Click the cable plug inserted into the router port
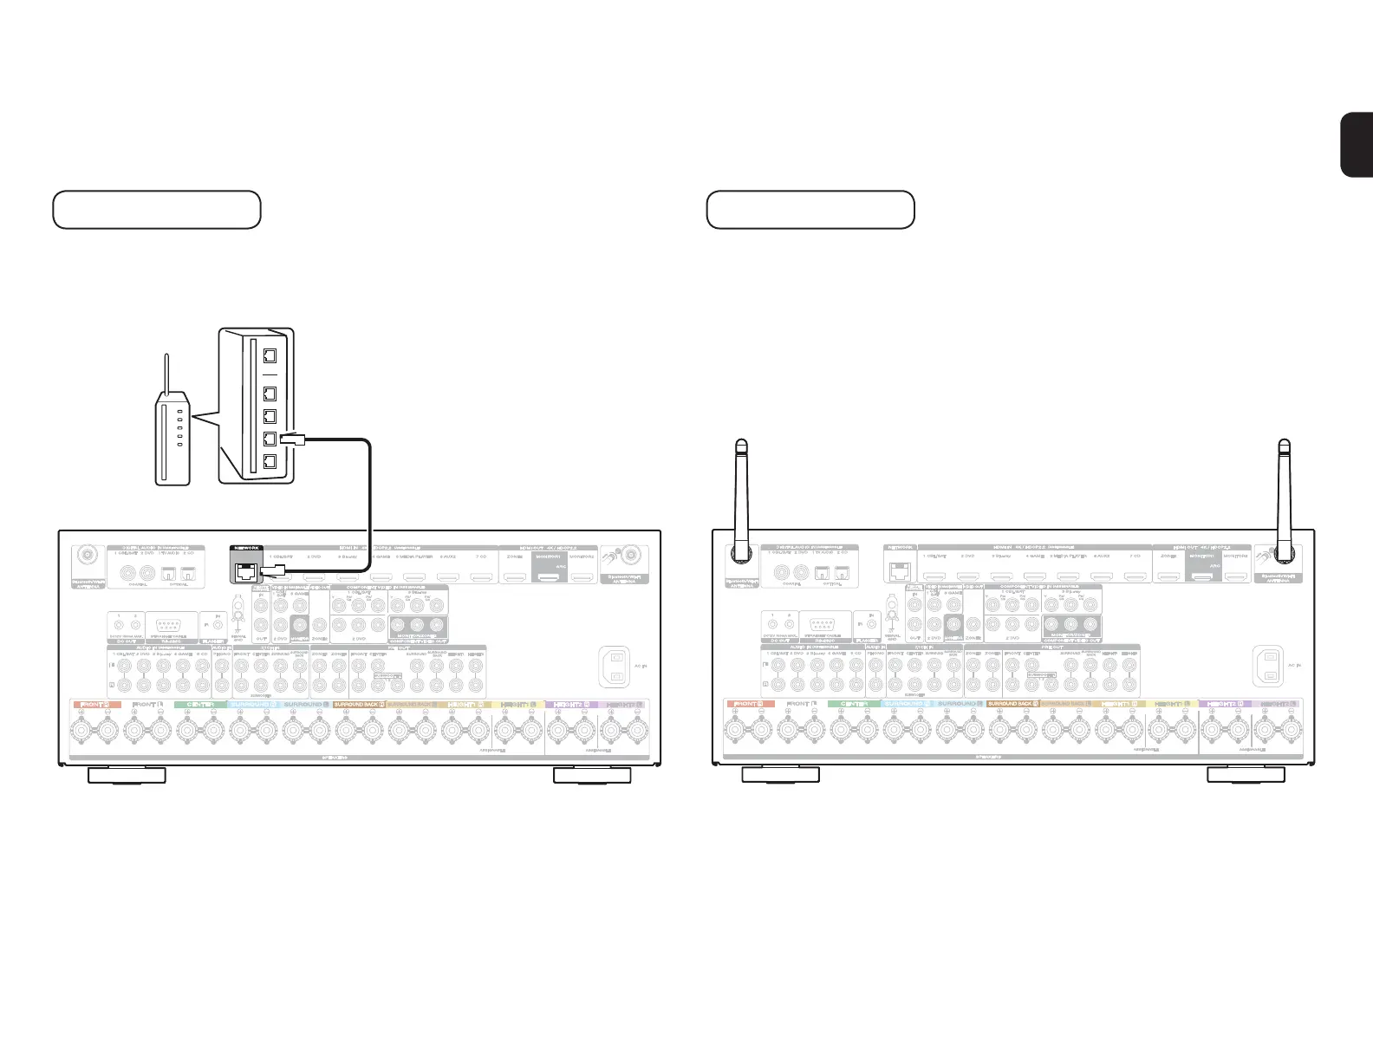(x=294, y=439)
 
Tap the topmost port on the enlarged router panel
(x=270, y=355)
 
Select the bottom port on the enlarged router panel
(x=270, y=461)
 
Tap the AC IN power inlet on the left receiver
(x=615, y=667)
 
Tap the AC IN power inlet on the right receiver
(x=1269, y=667)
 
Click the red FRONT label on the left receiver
(x=95, y=705)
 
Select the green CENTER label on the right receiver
(x=853, y=705)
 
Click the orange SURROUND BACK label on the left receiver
(x=358, y=705)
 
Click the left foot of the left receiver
(x=127, y=775)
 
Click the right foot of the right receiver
(x=1246, y=775)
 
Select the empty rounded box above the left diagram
(x=157, y=210)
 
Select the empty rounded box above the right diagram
(x=810, y=210)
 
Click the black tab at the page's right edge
(x=1357, y=145)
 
